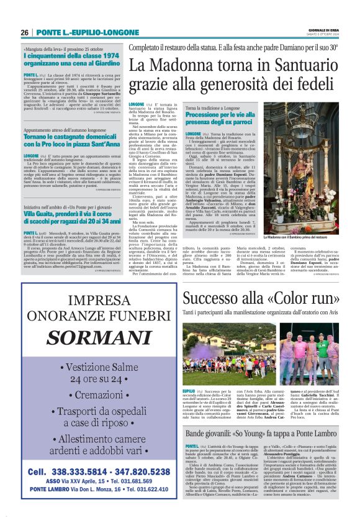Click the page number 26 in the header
click(x=24, y=32)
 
